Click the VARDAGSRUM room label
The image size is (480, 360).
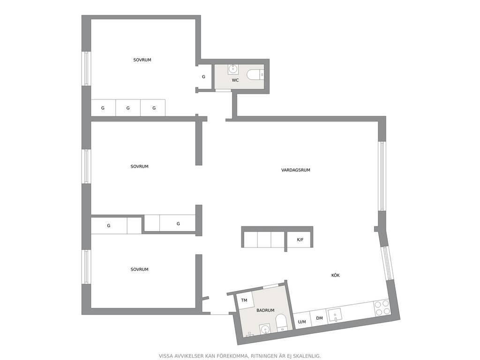point(296,170)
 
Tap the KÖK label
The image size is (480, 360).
point(336,275)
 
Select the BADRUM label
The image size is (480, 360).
point(265,310)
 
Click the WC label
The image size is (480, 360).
point(235,80)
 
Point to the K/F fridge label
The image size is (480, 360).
point(300,240)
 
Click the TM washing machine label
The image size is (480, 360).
point(244,300)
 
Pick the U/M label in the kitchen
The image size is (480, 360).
point(302,322)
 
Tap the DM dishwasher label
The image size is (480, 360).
point(319,318)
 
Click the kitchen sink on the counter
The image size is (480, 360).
point(335,315)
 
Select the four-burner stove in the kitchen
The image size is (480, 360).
point(382,308)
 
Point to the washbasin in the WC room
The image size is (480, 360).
point(233,69)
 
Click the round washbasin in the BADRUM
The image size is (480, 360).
point(264,330)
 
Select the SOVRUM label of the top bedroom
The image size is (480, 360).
point(142,60)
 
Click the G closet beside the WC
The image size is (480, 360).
point(203,77)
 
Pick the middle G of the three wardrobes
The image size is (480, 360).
point(128,108)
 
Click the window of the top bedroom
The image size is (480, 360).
point(86,68)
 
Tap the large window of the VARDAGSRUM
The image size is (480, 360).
point(382,176)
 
